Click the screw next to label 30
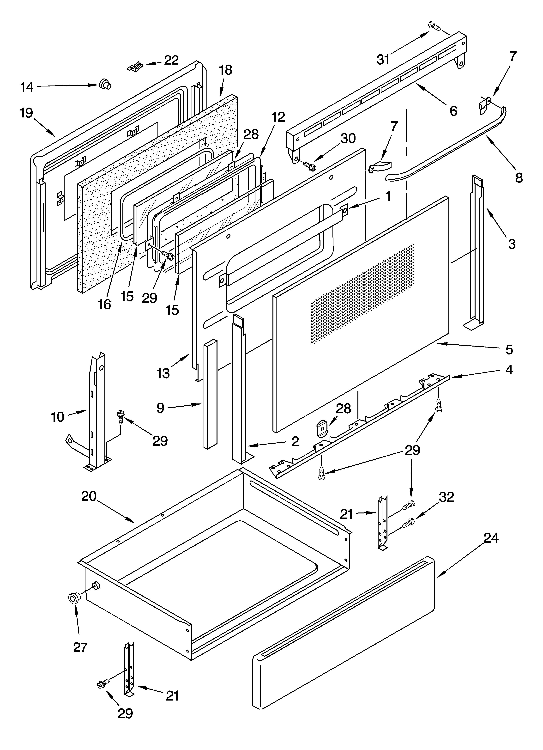pos(310,165)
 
